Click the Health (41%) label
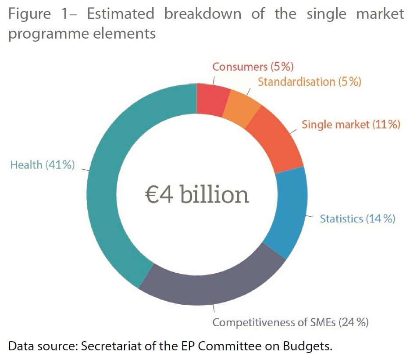click(43, 165)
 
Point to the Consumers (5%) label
click(253, 67)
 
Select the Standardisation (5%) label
click(309, 82)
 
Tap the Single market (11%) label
click(351, 125)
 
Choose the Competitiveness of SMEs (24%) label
click(291, 323)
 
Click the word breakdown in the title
click(203, 14)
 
